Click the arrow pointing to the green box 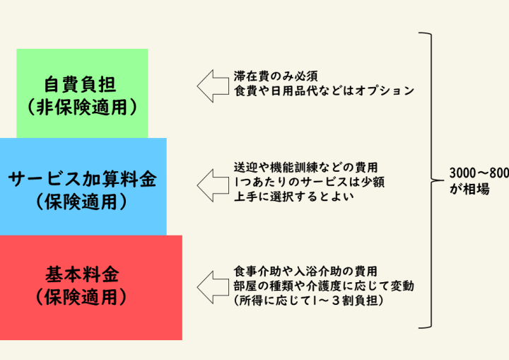[x=211, y=86]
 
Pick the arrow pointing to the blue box [x=211, y=185]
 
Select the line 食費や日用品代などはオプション [x=323, y=91]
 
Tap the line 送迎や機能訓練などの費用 [x=305, y=168]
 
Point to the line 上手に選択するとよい [x=293, y=197]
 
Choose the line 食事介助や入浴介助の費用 [x=305, y=272]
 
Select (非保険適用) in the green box [x=83, y=108]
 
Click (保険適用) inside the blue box [x=83, y=202]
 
